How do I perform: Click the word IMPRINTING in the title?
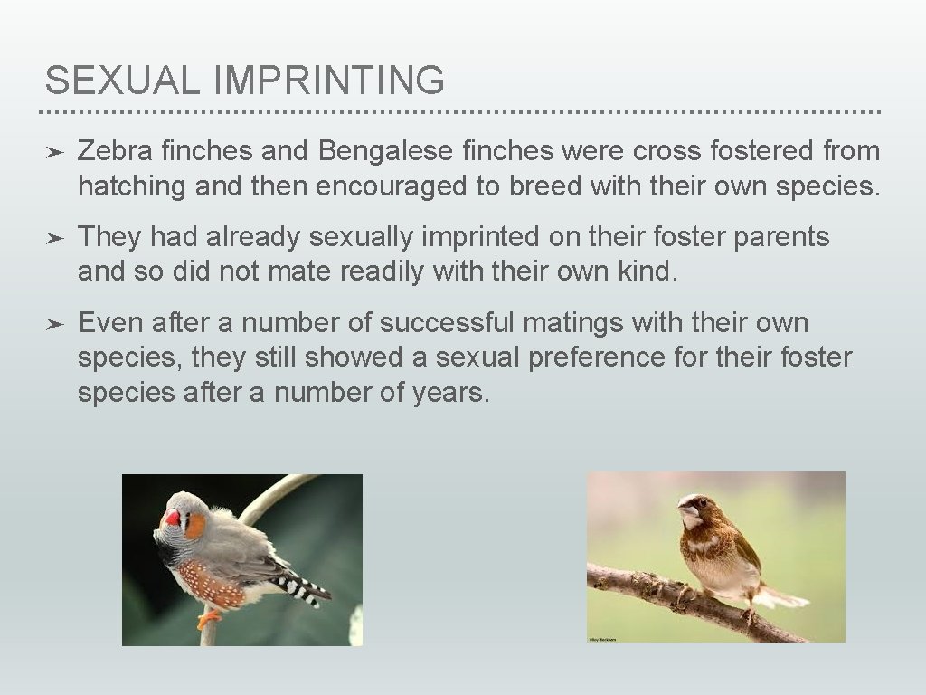[329, 81]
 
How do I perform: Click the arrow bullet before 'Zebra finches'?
[54, 151]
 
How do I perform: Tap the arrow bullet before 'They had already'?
[54, 238]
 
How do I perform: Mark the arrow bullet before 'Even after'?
[54, 324]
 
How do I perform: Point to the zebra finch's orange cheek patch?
[194, 525]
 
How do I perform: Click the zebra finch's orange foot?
[209, 618]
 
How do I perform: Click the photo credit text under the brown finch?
[602, 640]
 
